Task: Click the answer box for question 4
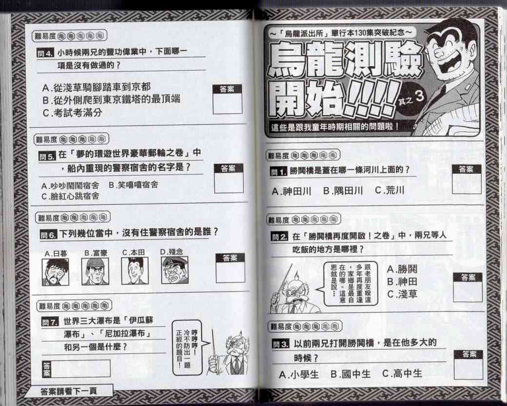(x=227, y=100)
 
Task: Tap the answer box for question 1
(x=467, y=180)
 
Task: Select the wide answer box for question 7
(x=77, y=369)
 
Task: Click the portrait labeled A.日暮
(x=55, y=272)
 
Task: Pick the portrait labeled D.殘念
(x=175, y=270)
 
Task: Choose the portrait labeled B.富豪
(x=95, y=271)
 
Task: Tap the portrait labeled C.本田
(x=135, y=271)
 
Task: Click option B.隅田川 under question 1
(x=343, y=191)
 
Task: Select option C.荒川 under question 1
(x=390, y=190)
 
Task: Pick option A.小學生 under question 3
(x=299, y=375)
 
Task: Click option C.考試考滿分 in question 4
(x=72, y=113)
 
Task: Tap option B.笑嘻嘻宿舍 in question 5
(x=134, y=185)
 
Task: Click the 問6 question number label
(x=48, y=235)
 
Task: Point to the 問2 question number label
(x=279, y=237)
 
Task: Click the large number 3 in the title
(x=419, y=96)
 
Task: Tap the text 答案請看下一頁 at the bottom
(x=69, y=391)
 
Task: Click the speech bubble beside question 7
(x=188, y=348)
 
